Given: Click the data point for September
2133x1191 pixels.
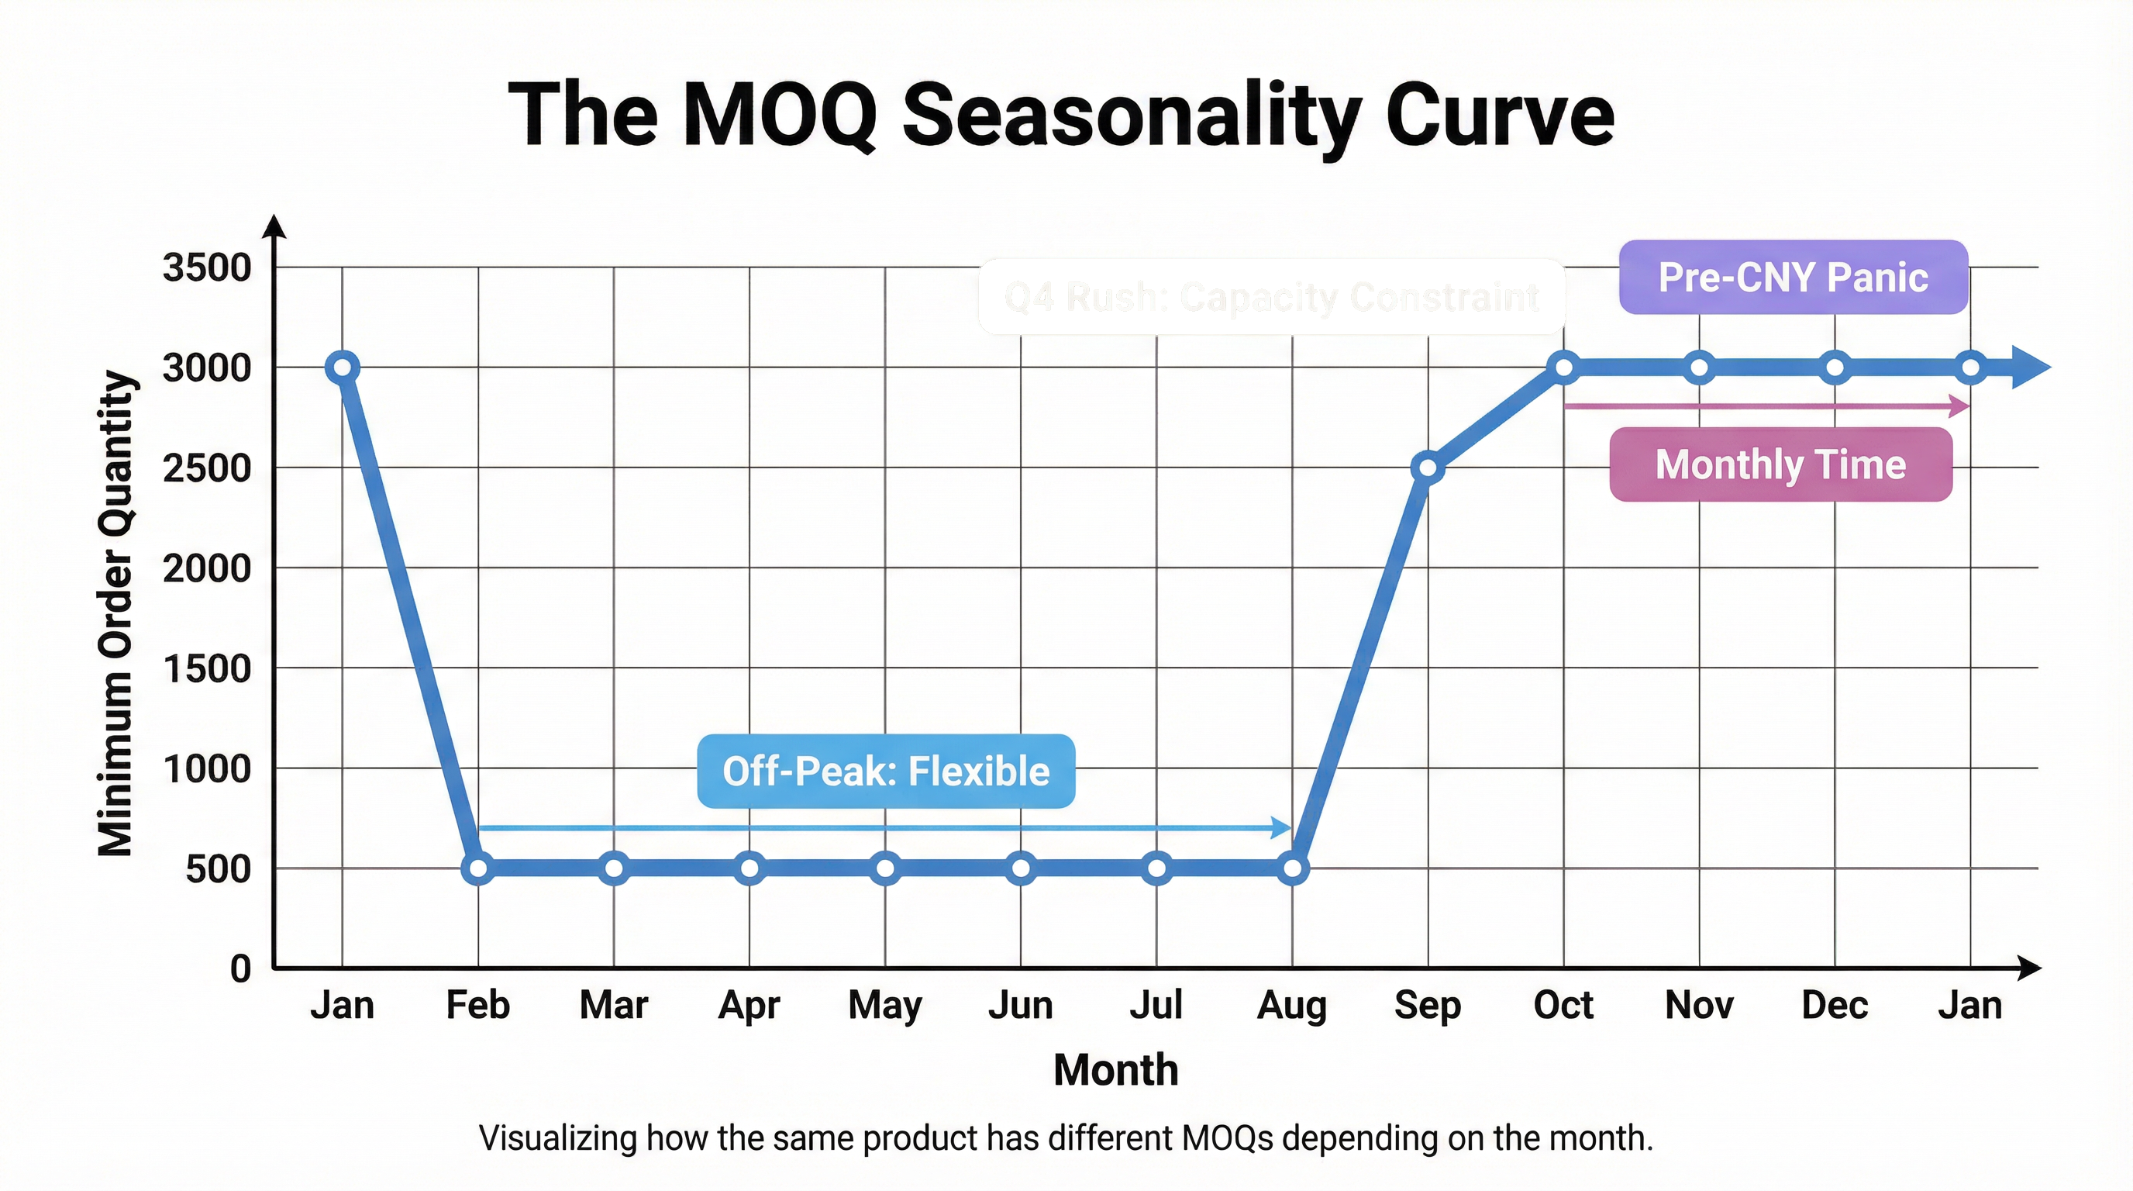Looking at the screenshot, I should coord(1428,468).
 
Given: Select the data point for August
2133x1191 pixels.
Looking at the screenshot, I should coord(1293,868).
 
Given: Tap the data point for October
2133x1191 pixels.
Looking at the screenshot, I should coord(1564,367).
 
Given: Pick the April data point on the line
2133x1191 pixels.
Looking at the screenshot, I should coord(749,868).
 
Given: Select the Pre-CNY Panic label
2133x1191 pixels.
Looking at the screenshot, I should coord(1793,278).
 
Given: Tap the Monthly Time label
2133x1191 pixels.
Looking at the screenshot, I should coord(1780,464).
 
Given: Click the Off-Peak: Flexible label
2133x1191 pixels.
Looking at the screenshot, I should coord(886,771).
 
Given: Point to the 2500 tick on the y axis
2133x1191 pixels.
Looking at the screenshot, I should coord(207,469).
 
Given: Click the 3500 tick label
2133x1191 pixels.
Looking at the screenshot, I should coord(207,268).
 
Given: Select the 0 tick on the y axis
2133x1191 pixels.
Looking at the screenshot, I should coord(240,968).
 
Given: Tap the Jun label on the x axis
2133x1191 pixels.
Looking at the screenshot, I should coord(1021,1006).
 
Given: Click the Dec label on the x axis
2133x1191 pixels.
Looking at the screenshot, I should coord(1835,1006).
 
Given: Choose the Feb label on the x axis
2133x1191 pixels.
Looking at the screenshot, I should coord(477,1006).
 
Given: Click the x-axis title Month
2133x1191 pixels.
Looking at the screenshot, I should coord(1115,1069).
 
